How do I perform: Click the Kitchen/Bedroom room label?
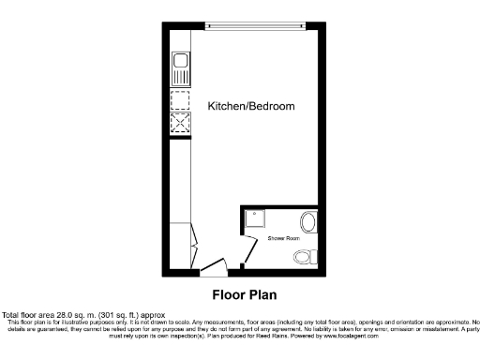click(x=251, y=107)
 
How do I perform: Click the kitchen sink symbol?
click(x=179, y=67)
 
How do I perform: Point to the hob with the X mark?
click(x=179, y=124)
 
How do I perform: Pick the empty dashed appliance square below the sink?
click(x=179, y=100)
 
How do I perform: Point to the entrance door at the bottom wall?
click(x=213, y=269)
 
